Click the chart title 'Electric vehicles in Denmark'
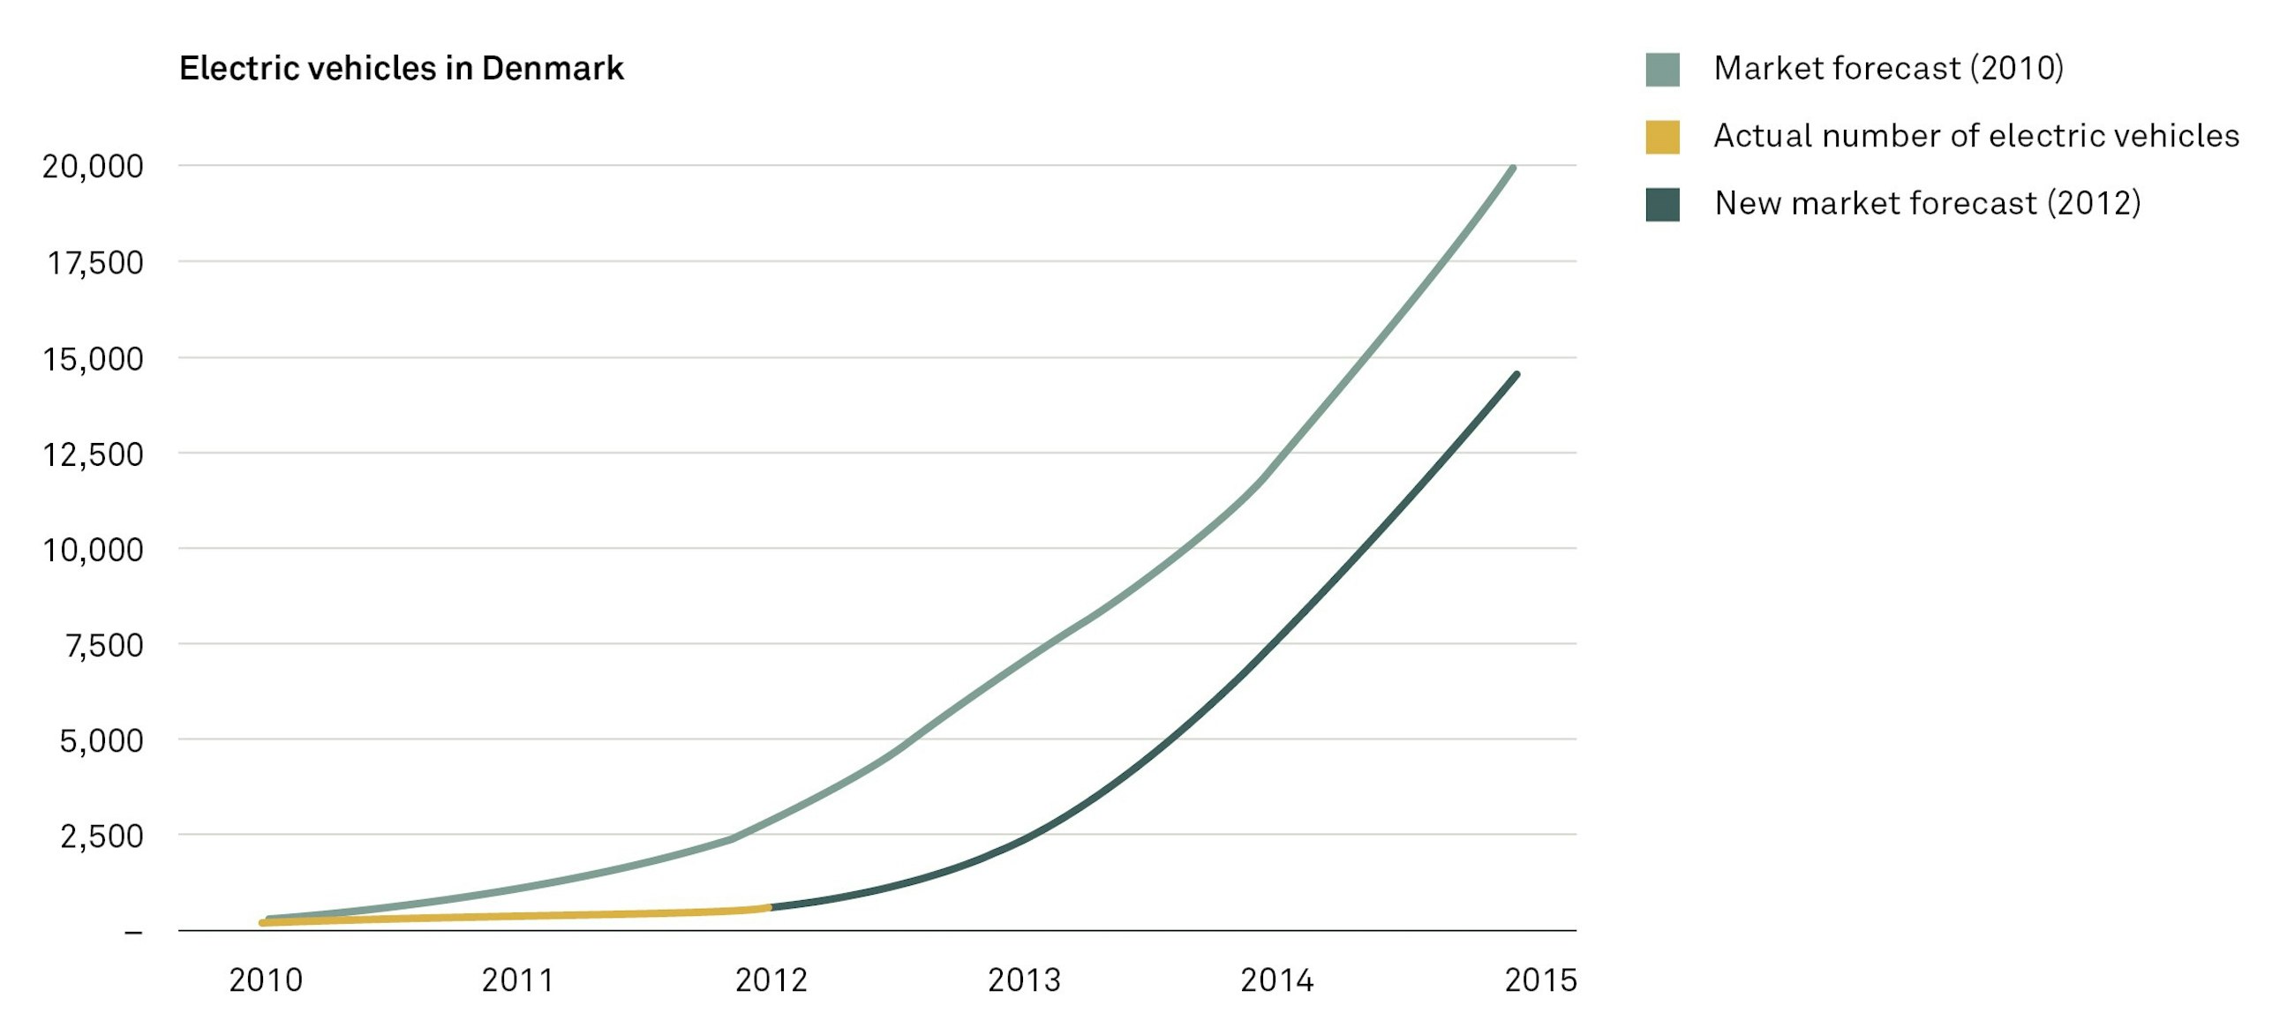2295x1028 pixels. pos(401,69)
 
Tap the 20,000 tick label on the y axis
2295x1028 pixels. pos(93,167)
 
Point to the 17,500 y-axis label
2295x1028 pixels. pos(94,263)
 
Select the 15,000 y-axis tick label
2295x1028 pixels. pos(93,359)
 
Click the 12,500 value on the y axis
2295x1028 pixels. pos(93,454)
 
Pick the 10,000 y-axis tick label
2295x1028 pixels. pos(93,550)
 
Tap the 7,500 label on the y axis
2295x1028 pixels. pos(104,645)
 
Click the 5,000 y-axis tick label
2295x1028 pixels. pos(102,740)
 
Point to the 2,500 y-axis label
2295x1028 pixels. pos(102,836)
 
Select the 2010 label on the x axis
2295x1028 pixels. pos(266,979)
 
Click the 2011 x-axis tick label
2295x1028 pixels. pos(517,979)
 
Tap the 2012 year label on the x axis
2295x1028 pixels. pos(771,979)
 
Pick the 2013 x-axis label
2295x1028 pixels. pos(1024,979)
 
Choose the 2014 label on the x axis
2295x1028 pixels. pos(1276,979)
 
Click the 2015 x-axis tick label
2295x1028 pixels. pos(1540,979)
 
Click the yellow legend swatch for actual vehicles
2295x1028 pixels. pos(1662,137)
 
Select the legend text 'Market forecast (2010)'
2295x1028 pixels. pos(1888,69)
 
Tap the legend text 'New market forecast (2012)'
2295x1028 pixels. pos(1927,204)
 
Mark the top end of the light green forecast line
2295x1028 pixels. pos(1513,169)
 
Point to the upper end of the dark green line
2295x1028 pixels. pos(1516,375)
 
